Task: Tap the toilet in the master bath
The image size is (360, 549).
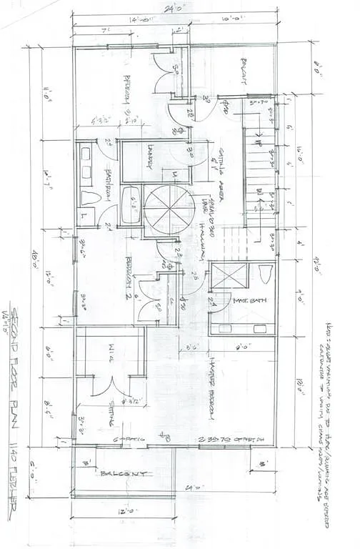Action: tap(264, 275)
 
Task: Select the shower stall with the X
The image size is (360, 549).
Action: tap(229, 276)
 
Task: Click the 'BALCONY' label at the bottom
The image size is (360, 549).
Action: tap(126, 473)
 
